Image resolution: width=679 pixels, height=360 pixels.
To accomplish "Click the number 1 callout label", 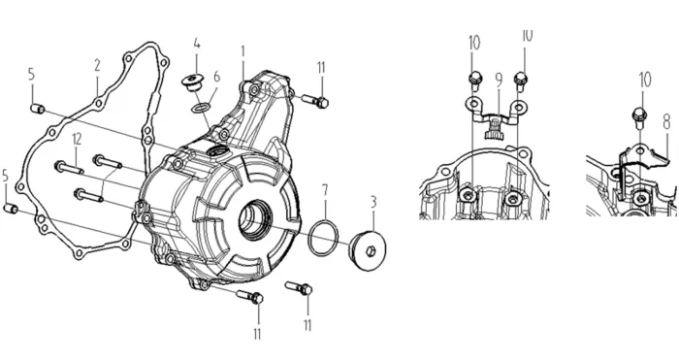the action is click(242, 51).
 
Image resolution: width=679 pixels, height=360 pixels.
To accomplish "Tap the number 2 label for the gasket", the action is click(97, 65).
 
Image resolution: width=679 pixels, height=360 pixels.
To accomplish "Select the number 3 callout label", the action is click(373, 202).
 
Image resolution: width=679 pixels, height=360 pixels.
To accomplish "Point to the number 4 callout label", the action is click(197, 44).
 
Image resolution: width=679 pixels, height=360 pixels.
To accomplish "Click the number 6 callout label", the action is click(217, 77).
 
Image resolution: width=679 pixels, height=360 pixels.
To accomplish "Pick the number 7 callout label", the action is click(325, 190).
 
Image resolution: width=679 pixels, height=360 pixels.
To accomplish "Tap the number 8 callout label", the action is click(667, 122).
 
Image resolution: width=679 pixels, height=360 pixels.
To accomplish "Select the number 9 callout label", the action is click(499, 80).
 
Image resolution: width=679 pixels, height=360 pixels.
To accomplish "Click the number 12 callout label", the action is click(77, 139).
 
